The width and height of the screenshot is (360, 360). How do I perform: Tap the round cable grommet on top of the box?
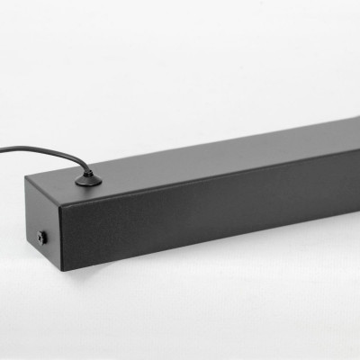pyautogui.click(x=88, y=181)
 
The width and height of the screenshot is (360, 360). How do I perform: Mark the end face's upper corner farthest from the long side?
pyautogui.click(x=26, y=176)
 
